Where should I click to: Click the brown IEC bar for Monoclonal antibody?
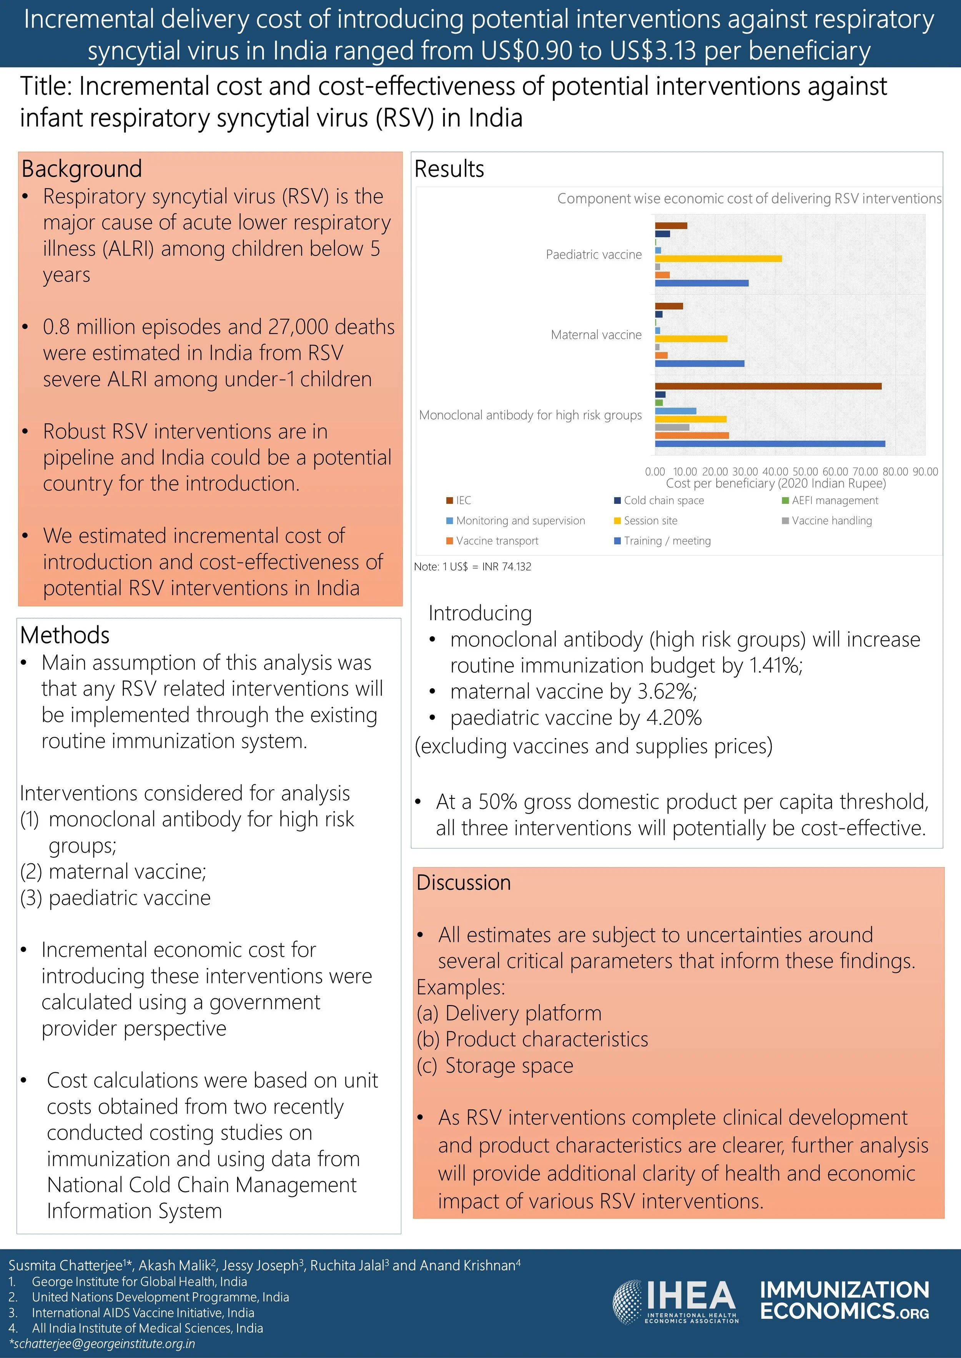pyautogui.click(x=768, y=386)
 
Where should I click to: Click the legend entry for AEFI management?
pyautogui.click(x=835, y=500)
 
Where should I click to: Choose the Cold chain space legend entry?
pyautogui.click(x=663, y=500)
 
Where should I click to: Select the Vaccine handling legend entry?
pyautogui.click(x=831, y=520)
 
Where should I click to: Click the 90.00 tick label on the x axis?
pyautogui.click(x=925, y=471)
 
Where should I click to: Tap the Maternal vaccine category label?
pyautogui.click(x=596, y=335)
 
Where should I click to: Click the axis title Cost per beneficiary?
pyautogui.click(x=776, y=483)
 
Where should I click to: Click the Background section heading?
pyautogui.click(x=81, y=169)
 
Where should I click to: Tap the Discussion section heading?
pyautogui.click(x=463, y=882)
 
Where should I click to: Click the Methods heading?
pyautogui.click(x=65, y=635)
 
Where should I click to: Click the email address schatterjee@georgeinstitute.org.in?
pyautogui.click(x=102, y=1343)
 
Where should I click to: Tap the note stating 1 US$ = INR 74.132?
pyautogui.click(x=472, y=567)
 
